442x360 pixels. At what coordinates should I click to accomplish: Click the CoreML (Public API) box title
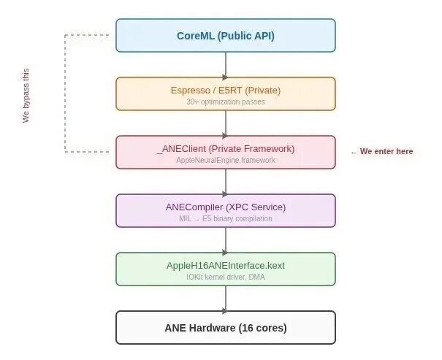tap(225, 35)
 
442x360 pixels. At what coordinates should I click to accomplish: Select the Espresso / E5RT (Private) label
tap(225, 90)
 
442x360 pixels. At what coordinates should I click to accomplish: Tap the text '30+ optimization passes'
tap(225, 102)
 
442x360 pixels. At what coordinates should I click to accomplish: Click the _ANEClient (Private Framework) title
tap(225, 148)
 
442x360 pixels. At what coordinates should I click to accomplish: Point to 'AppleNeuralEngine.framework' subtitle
tap(225, 160)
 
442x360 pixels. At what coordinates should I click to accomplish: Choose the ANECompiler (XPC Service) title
tap(225, 207)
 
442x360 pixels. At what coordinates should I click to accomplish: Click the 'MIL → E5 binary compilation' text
tap(225, 218)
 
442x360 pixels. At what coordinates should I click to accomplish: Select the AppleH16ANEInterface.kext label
tap(225, 265)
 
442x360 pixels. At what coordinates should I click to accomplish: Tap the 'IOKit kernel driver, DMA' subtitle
tap(225, 277)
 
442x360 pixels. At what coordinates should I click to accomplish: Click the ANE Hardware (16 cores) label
tap(225, 328)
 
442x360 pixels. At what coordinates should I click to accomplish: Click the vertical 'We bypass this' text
tap(26, 96)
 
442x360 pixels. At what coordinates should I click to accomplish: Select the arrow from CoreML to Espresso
tap(225, 65)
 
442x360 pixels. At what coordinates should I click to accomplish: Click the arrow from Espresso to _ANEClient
tap(225, 123)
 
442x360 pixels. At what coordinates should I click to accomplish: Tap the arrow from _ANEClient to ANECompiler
tap(225, 181)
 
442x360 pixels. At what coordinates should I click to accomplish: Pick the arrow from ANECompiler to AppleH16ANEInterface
tap(225, 240)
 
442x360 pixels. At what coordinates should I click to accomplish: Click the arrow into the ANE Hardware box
tap(225, 298)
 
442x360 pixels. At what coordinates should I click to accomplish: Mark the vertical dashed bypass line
tap(65, 93)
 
